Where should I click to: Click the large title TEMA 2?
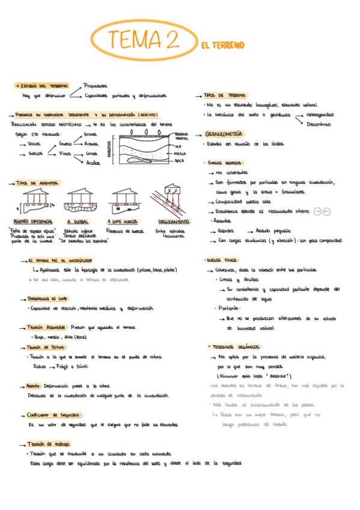pos(142,40)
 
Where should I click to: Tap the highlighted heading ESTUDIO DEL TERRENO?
pos(42,86)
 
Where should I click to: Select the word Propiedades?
pos(96,85)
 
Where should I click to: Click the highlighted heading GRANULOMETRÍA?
pos(224,134)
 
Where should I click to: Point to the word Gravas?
pos(92,134)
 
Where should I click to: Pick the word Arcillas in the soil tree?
pos(93,162)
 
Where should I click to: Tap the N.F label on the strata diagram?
pos(178,147)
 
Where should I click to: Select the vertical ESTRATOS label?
pos(110,148)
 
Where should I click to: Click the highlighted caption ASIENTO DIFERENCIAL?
pos(34,221)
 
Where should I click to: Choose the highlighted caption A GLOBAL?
pos(77,221)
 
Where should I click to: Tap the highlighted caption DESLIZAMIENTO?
pos(172,221)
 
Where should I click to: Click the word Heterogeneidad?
pos(320,114)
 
